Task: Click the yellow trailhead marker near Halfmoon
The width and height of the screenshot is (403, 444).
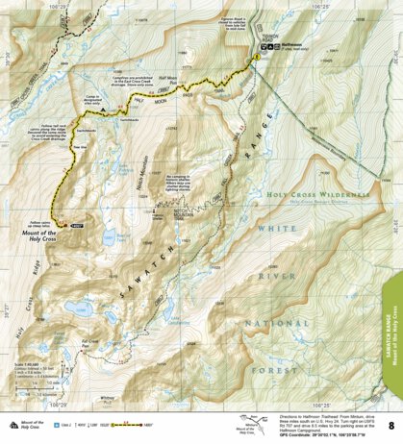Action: (256, 60)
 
